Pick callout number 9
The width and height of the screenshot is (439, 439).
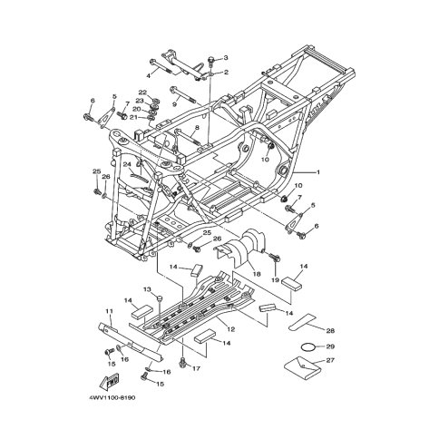tap(174, 104)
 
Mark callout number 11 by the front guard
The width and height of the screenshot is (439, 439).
tap(107, 311)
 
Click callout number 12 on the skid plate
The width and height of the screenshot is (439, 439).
tap(231, 329)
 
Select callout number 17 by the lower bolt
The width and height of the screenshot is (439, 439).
tap(196, 368)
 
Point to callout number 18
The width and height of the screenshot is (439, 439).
tap(257, 272)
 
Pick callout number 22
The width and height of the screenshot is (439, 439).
tap(142, 92)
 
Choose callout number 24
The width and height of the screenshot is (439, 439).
tap(127, 164)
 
